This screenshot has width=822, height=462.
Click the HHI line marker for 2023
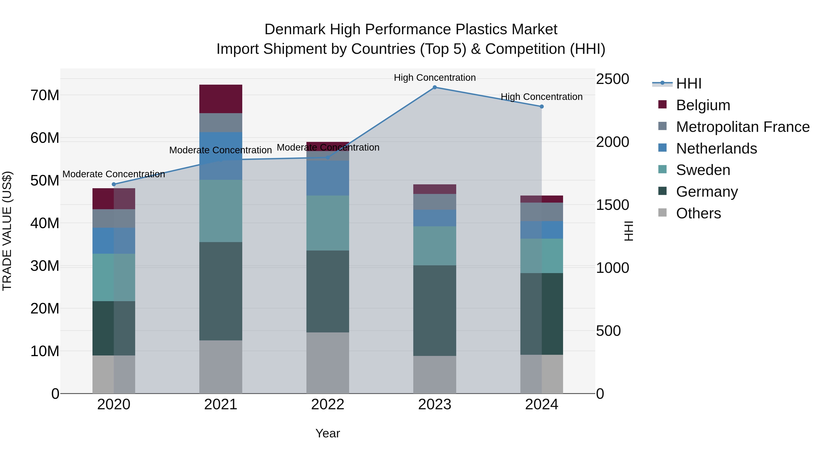[434, 87]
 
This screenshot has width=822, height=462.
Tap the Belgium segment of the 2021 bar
[221, 99]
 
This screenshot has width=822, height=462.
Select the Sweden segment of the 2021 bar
[221, 211]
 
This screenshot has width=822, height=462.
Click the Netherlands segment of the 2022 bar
[327, 178]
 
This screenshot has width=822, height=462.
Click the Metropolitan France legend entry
[743, 127]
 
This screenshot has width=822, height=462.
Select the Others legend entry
[698, 213]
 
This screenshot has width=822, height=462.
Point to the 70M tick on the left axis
[45, 95]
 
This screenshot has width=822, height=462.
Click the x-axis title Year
[327, 433]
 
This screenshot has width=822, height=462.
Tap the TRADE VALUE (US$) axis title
[7, 231]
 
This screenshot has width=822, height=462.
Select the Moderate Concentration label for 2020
[114, 174]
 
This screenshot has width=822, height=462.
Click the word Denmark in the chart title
[295, 29]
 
